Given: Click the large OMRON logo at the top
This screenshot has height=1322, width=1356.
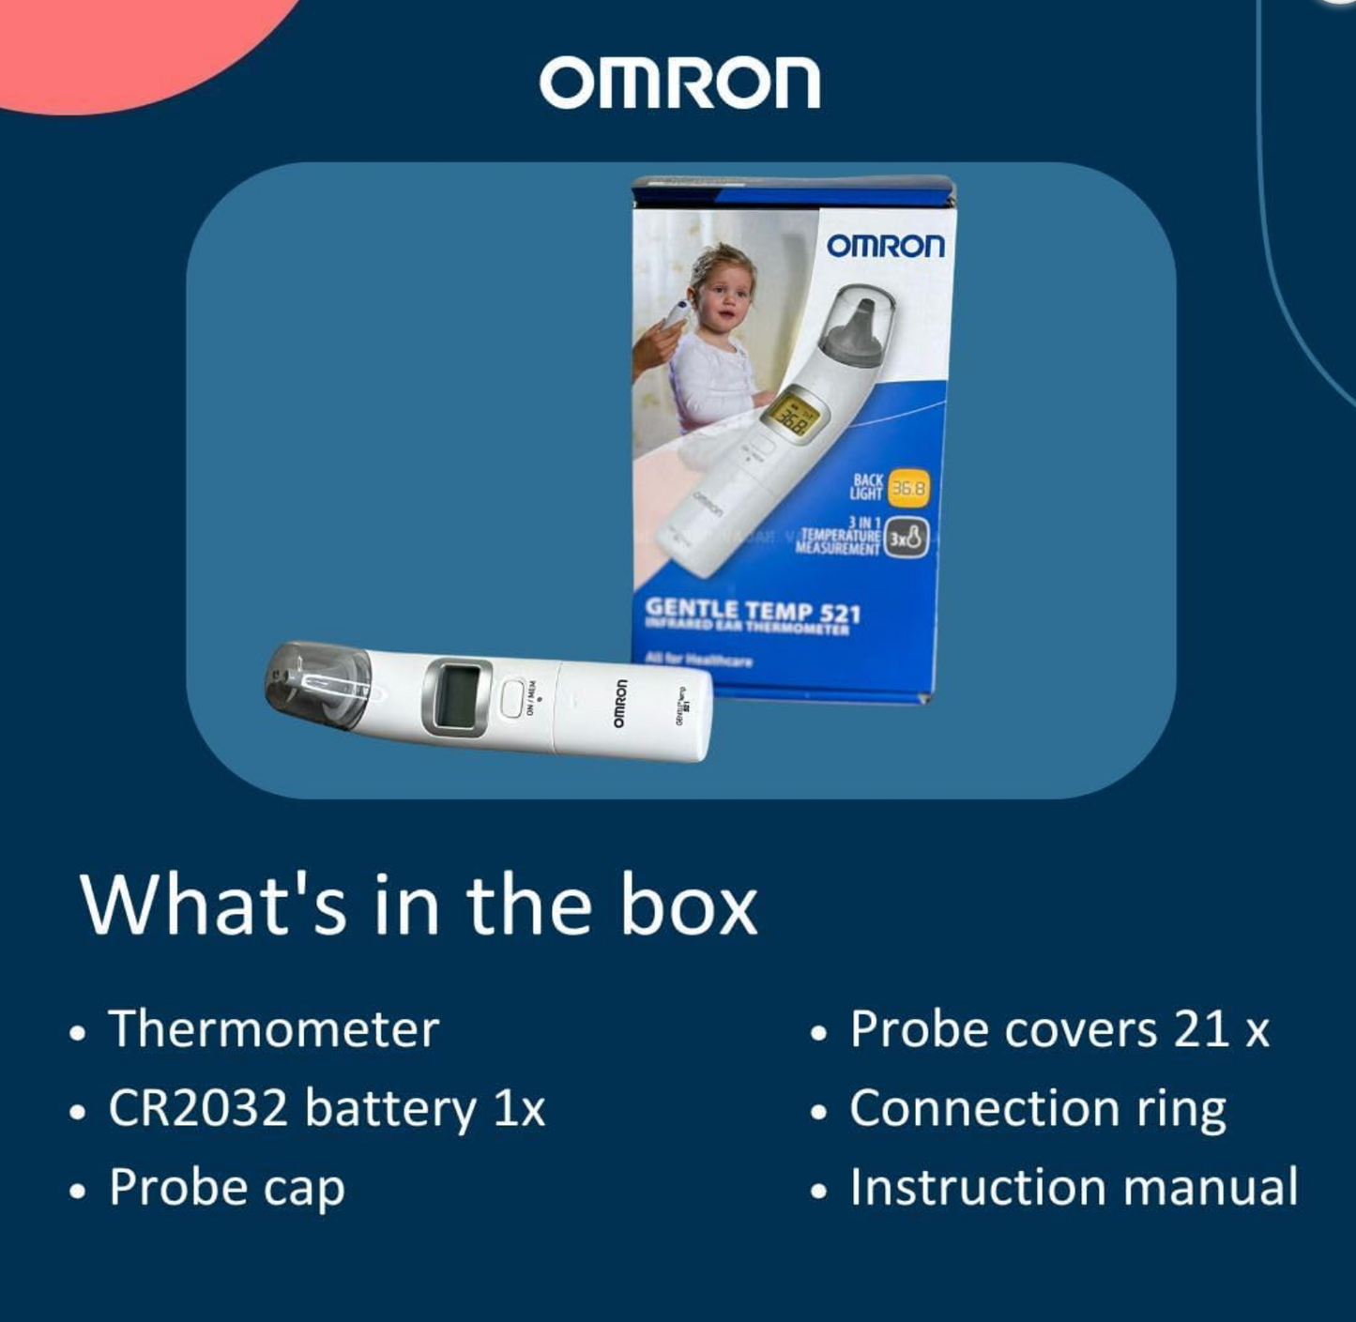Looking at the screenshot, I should (x=679, y=83).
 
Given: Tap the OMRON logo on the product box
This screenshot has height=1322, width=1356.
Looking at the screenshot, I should (x=885, y=246).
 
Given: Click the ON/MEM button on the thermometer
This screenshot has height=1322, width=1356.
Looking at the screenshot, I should (x=511, y=698).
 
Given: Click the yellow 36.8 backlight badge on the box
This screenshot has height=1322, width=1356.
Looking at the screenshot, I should (x=908, y=488).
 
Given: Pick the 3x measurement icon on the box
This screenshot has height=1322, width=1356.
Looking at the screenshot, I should (x=907, y=539).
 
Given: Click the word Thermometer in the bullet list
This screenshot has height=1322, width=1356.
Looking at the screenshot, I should (x=273, y=1029).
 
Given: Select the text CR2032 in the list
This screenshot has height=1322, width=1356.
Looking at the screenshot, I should (x=197, y=1108).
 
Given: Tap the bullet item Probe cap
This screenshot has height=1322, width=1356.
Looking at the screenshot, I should (x=226, y=1187).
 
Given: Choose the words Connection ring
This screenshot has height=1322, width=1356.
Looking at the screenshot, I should (x=1037, y=1108).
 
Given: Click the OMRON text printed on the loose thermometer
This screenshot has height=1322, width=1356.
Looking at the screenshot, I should (x=620, y=704).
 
